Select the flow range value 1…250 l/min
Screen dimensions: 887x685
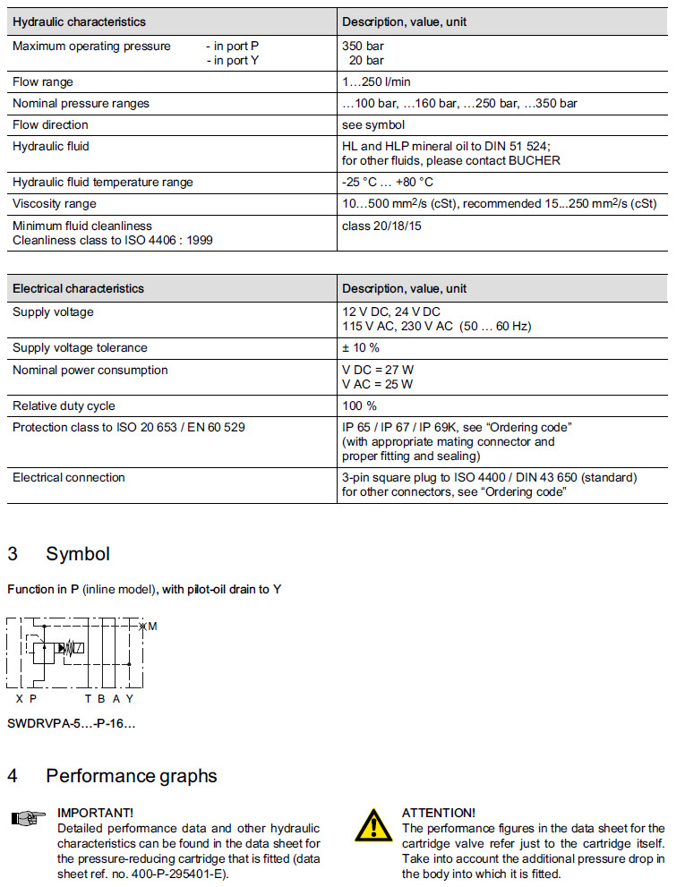click(376, 81)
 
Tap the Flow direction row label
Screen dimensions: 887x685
click(50, 124)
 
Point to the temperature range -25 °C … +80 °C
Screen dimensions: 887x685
click(388, 182)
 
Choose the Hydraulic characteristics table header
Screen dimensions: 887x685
click(79, 21)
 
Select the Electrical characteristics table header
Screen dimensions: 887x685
click(78, 288)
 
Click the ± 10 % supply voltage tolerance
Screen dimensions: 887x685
click(361, 347)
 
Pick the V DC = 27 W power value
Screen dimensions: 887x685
click(378, 370)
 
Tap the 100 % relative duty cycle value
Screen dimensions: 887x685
click(359, 405)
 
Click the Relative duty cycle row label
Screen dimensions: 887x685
click(64, 405)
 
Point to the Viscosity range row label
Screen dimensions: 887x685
click(54, 203)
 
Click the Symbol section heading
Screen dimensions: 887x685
click(78, 553)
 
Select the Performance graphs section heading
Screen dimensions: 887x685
click(131, 775)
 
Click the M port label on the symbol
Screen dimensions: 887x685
click(152, 627)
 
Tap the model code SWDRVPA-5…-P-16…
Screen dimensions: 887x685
click(72, 722)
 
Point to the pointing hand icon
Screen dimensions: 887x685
click(28, 817)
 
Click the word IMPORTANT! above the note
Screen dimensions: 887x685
click(95, 813)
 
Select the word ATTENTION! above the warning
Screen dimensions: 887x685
click(438, 813)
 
